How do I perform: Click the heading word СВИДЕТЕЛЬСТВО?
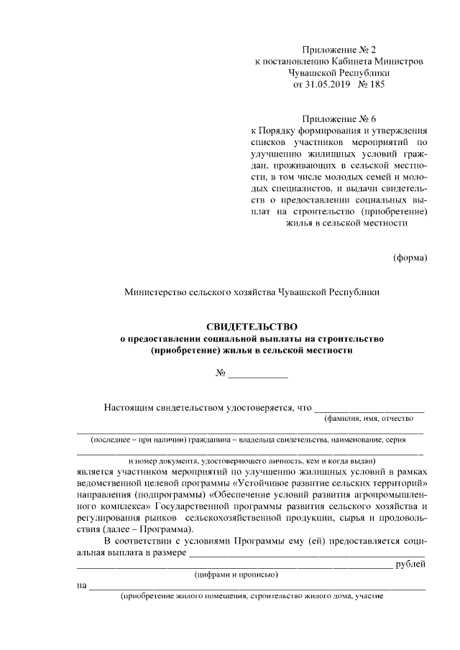coord(252,327)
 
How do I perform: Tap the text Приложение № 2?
coord(339,49)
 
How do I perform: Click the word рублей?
coord(411,564)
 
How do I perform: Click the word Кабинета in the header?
coord(342,61)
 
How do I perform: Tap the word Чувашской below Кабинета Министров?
coord(316,73)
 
